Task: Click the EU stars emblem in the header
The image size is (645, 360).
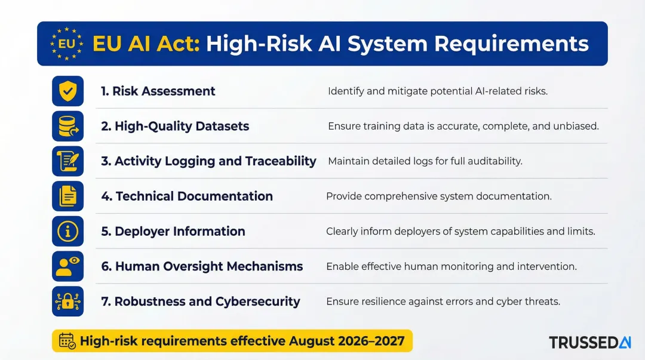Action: click(66, 44)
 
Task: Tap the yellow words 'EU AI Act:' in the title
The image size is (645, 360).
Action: click(146, 44)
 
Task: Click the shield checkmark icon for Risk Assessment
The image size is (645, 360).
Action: click(67, 91)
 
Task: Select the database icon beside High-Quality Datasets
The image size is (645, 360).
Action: click(67, 126)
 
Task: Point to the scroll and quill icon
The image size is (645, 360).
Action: click(67, 161)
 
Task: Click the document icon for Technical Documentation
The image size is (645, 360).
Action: click(67, 196)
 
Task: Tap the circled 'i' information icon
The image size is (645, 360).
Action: click(67, 231)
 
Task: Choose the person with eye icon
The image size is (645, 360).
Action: click(67, 266)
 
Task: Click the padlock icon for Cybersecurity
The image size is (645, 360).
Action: click(67, 301)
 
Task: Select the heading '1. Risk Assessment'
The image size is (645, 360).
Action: click(158, 91)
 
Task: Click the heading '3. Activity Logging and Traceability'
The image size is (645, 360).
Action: click(208, 161)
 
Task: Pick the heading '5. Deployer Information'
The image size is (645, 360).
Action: click(173, 232)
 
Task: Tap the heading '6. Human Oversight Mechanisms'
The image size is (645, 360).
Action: click(202, 266)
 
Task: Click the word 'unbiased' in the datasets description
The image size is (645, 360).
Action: click(578, 127)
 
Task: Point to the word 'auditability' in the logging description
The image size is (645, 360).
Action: click(494, 161)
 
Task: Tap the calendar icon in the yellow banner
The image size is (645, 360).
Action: click(67, 341)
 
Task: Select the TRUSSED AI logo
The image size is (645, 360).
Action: click(589, 342)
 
